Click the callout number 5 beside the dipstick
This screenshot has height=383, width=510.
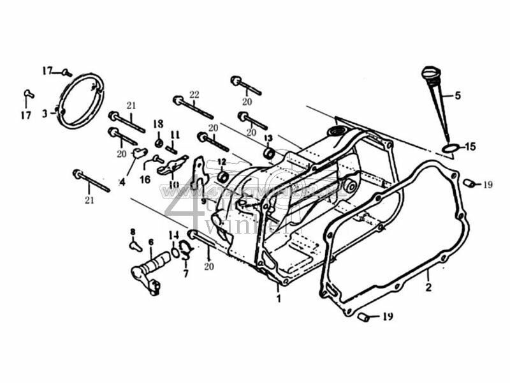point(457,96)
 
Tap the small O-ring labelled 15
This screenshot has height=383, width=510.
point(449,149)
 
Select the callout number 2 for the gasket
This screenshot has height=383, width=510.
point(429,287)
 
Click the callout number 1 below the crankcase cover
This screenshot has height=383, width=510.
point(278,297)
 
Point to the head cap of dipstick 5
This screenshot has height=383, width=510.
point(428,70)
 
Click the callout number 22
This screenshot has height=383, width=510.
point(194,94)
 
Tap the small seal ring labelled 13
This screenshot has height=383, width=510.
point(269,153)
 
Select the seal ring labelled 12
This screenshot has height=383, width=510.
point(222,176)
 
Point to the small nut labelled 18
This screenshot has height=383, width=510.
point(158,142)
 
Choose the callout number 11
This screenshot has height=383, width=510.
point(175,135)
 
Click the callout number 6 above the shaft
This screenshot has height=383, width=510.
point(151,242)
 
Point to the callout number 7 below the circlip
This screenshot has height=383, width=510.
point(186,274)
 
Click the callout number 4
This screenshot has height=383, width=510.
point(122,181)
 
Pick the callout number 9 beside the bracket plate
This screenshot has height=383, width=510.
point(203,200)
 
